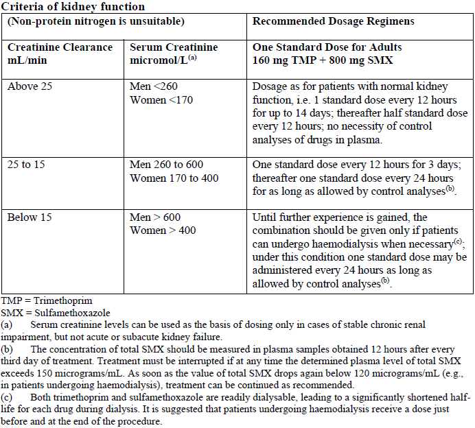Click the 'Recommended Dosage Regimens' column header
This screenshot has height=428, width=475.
coord(333,21)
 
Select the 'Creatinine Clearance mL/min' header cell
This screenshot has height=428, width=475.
coord(60,53)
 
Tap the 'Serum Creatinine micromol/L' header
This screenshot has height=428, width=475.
coord(174,53)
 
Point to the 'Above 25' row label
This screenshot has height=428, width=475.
coord(30,87)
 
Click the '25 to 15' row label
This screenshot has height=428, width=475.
coord(27,165)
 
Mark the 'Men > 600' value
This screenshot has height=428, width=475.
coord(156,217)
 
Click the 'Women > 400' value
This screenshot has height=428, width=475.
coord(163,230)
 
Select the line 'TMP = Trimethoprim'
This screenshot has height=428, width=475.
coord(47,300)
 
